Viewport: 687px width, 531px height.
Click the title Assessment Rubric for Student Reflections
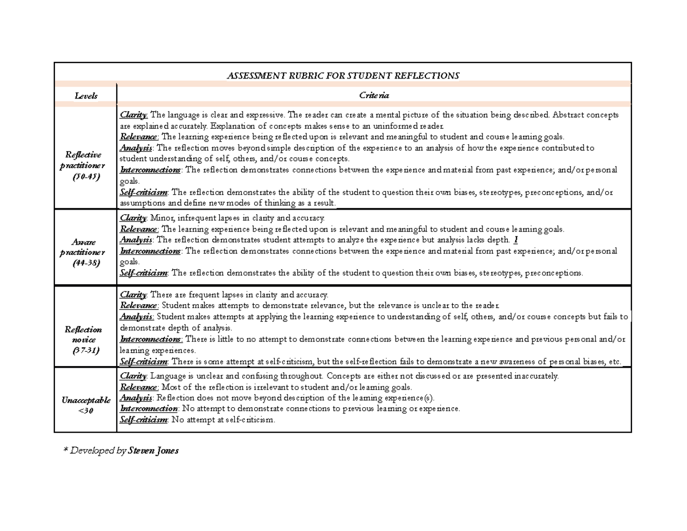(x=343, y=76)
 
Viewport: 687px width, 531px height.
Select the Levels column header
(x=86, y=96)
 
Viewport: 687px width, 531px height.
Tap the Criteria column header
(x=374, y=96)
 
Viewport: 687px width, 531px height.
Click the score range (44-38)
(x=85, y=263)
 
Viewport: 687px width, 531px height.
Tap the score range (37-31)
(x=85, y=351)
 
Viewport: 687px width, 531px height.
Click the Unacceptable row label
(x=85, y=400)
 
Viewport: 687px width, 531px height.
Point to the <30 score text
(x=85, y=411)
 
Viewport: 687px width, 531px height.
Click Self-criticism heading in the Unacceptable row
(x=144, y=420)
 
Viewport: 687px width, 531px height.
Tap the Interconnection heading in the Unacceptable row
(x=148, y=409)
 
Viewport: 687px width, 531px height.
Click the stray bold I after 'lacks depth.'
(x=516, y=240)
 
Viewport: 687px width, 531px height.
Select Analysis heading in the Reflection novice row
(x=136, y=316)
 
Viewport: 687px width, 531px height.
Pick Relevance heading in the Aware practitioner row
(x=139, y=229)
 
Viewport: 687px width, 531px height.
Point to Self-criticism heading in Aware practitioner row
(x=144, y=273)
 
